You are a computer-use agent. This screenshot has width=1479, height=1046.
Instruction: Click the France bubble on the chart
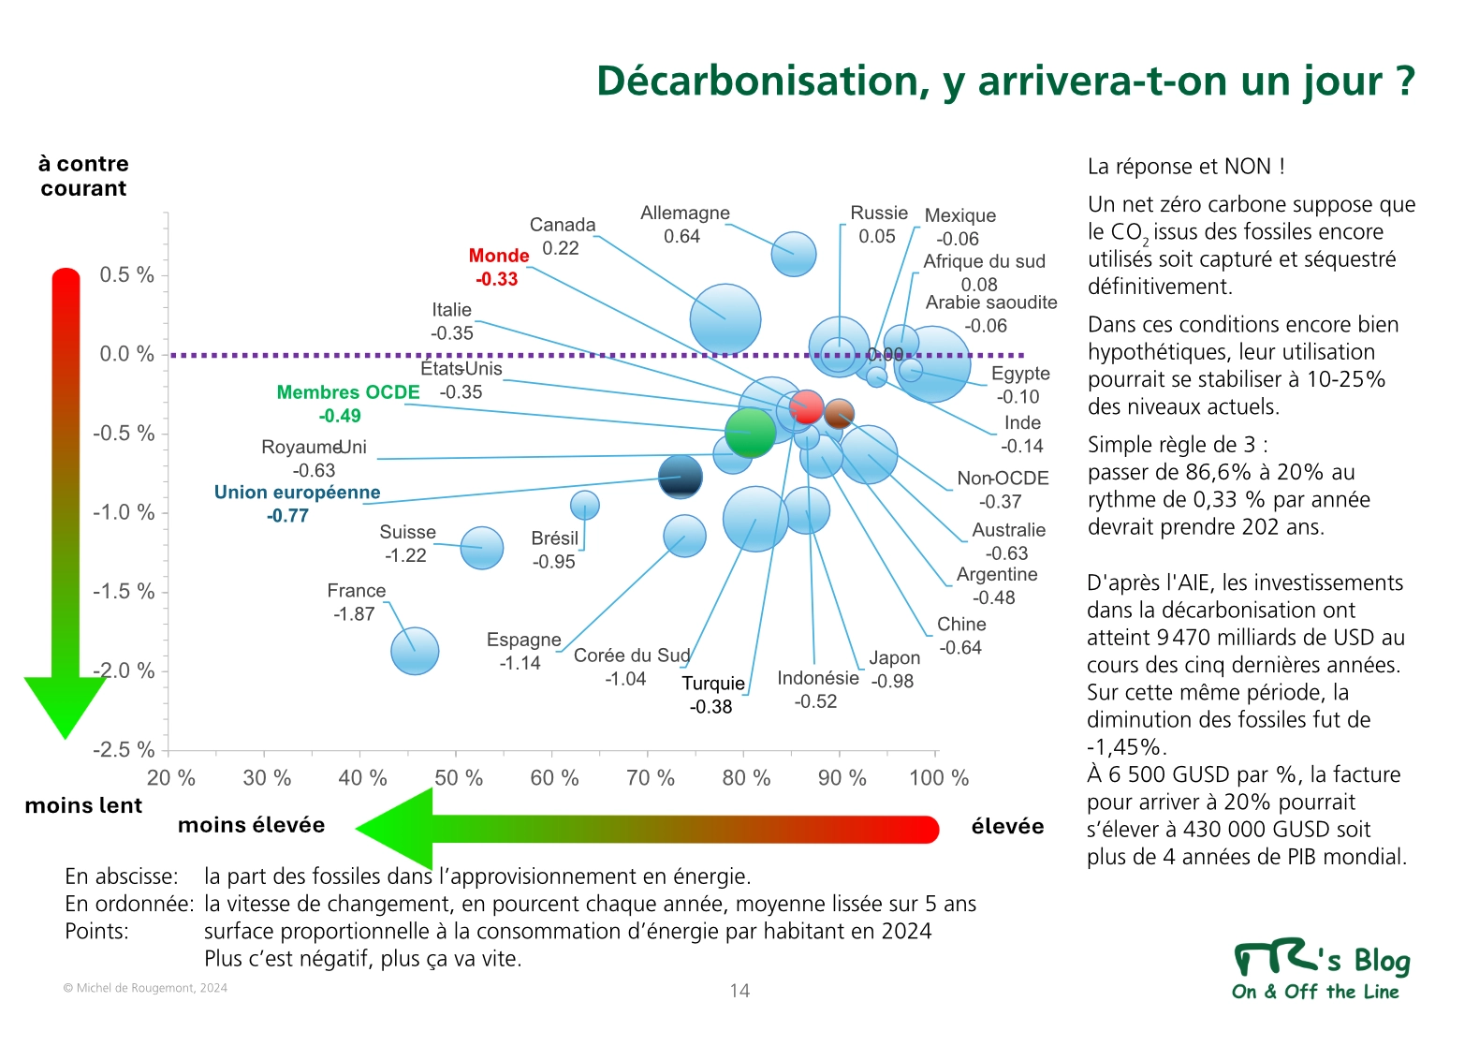click(415, 651)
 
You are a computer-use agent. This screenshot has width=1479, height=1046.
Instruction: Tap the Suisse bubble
click(482, 548)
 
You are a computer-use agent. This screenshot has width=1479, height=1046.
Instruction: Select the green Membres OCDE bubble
click(750, 432)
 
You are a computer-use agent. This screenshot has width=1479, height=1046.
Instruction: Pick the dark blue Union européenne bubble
click(681, 477)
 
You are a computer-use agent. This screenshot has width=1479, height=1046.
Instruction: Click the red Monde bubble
click(806, 407)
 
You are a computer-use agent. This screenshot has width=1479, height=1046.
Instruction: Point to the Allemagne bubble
click(794, 254)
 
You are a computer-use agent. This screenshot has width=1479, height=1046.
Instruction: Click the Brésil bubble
click(585, 506)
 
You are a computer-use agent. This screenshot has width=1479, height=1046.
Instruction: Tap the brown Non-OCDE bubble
click(839, 413)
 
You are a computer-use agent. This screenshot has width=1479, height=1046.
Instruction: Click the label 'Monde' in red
click(499, 256)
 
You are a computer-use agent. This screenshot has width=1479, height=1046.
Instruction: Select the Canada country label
click(563, 225)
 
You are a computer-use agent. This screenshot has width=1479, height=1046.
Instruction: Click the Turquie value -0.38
click(710, 707)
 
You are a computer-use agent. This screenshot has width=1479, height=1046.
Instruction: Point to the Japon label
click(894, 658)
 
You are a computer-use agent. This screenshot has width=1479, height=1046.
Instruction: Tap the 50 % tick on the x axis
click(458, 778)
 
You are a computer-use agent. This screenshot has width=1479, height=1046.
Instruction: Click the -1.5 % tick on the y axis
click(124, 592)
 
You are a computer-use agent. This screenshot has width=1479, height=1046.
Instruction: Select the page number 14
click(739, 991)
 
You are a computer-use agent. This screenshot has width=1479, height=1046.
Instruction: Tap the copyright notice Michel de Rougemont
click(145, 988)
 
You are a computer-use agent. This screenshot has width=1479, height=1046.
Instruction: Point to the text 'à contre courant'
click(83, 176)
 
